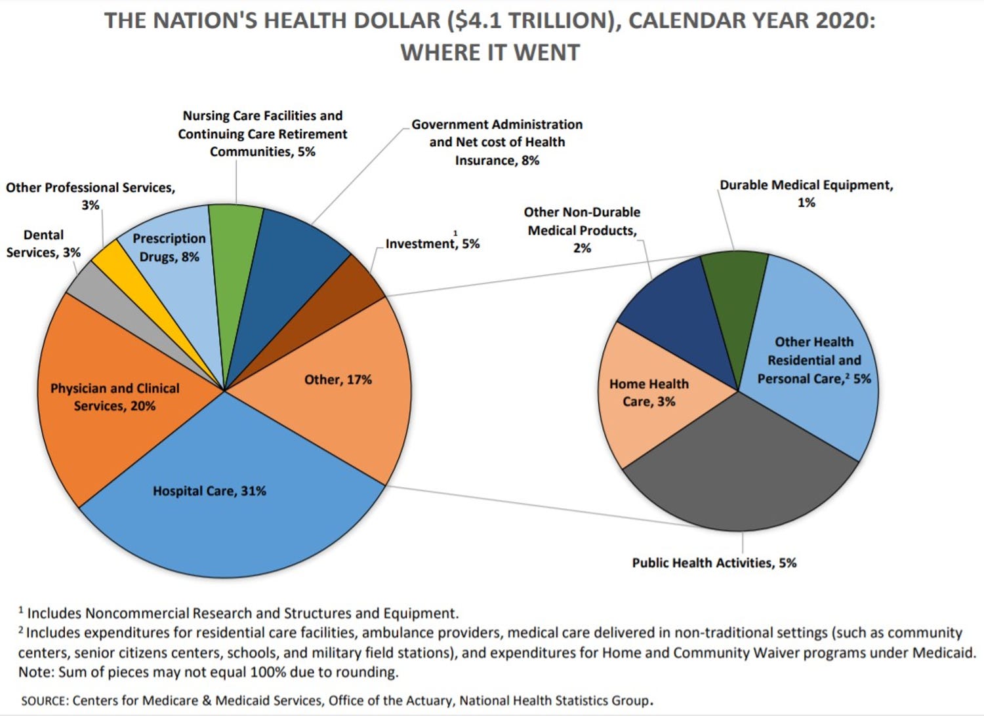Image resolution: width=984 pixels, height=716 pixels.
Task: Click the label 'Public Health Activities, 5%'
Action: (714, 563)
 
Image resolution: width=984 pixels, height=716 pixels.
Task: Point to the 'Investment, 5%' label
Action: (432, 244)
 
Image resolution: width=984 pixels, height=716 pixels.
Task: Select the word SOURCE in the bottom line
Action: (44, 701)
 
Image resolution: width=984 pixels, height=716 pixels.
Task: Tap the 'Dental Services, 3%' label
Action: (43, 243)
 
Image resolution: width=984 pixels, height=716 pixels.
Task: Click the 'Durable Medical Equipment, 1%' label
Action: (806, 193)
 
